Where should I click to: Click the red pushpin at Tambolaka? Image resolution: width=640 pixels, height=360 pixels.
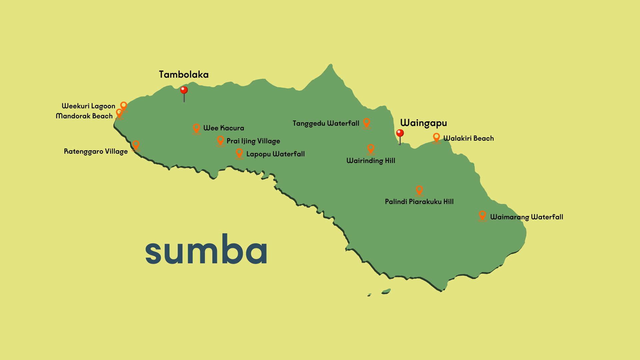coord(184,91)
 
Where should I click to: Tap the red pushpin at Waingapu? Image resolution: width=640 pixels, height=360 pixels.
coord(400,134)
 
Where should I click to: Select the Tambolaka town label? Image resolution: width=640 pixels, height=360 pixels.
coord(184,74)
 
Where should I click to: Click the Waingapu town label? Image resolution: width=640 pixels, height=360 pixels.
coord(423,123)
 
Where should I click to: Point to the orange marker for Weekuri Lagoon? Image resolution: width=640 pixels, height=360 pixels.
coord(124,106)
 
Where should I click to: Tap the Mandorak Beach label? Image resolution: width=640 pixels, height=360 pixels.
coord(84,116)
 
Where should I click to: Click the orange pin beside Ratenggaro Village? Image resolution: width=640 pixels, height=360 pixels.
coord(136,145)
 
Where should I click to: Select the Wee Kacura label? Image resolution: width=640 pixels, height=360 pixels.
coord(224,128)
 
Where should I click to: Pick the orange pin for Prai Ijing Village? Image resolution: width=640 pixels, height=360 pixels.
coord(220,140)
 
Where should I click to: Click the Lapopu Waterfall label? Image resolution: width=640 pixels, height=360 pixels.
coord(275,154)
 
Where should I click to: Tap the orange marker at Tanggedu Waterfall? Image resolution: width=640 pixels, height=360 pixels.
coord(366,122)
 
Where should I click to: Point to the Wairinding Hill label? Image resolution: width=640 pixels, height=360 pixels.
coord(371,161)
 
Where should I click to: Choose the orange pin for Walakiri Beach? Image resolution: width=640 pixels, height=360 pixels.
coord(436,137)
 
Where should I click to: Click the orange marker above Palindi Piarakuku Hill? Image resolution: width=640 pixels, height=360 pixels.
coord(419,190)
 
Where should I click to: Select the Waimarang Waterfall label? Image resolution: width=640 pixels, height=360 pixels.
coord(526,217)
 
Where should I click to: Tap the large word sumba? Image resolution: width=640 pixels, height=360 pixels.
coord(206,250)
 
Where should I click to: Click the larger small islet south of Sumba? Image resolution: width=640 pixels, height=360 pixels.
coord(386,291)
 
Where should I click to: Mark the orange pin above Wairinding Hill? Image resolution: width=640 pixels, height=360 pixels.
coord(371,149)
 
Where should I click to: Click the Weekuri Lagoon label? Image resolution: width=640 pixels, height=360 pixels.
coord(88,106)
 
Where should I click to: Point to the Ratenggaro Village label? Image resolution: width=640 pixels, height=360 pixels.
coord(96,151)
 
